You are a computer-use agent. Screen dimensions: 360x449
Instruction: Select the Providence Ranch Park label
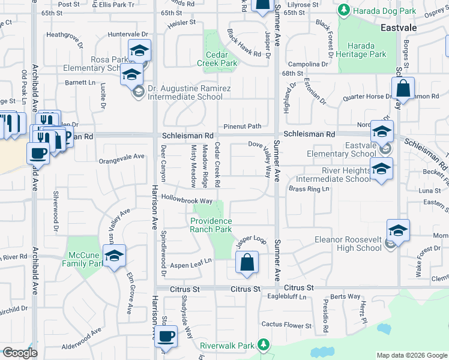pyautogui.click(x=211, y=225)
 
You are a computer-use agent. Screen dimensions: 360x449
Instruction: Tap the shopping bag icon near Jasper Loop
pyautogui.click(x=247, y=262)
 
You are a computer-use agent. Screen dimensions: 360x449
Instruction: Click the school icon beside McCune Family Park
pyautogui.click(x=113, y=256)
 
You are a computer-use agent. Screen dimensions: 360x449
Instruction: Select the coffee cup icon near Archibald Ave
pyautogui.click(x=38, y=152)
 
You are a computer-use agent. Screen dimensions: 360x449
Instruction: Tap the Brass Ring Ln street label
pyautogui.click(x=309, y=189)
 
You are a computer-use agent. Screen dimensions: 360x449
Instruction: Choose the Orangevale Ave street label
pyautogui.click(x=122, y=157)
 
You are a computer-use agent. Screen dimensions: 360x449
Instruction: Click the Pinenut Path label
pyautogui.click(x=243, y=126)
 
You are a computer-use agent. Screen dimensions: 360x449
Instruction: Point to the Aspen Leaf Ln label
pyautogui.click(x=191, y=262)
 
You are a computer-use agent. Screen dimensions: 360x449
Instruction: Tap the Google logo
pyautogui.click(x=20, y=353)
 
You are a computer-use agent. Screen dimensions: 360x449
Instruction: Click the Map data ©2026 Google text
pyautogui.click(x=411, y=355)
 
